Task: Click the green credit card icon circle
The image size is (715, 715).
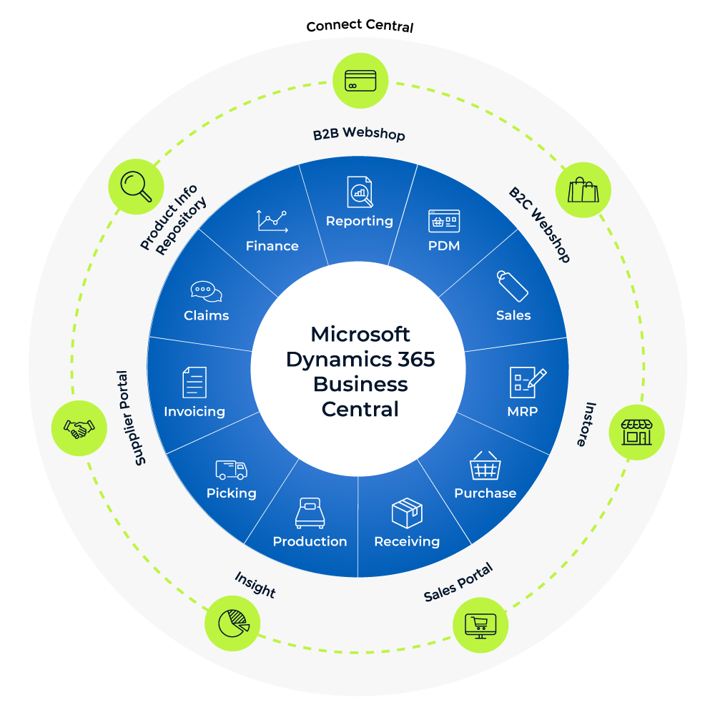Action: point(361,81)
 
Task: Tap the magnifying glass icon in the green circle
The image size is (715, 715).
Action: point(135,186)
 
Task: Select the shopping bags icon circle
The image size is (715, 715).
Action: point(583,189)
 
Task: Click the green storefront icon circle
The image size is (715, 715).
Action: point(636,432)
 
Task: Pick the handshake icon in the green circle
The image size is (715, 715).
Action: point(79,428)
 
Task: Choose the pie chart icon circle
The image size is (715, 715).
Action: point(232,622)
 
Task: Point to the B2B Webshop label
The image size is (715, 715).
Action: point(359,134)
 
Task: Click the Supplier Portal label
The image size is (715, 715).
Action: point(131,418)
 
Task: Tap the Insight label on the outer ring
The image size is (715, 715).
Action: point(255,585)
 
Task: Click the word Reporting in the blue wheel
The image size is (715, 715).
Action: point(359,221)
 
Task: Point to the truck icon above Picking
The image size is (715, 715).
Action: point(231,469)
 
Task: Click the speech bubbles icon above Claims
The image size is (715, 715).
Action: point(206,291)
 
